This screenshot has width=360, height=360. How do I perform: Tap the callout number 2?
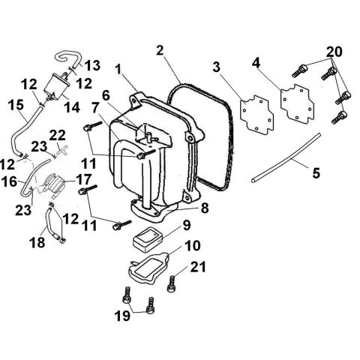coord(160,50)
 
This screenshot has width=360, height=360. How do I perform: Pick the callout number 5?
coord(316,173)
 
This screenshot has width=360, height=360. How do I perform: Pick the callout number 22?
coord(57,134)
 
